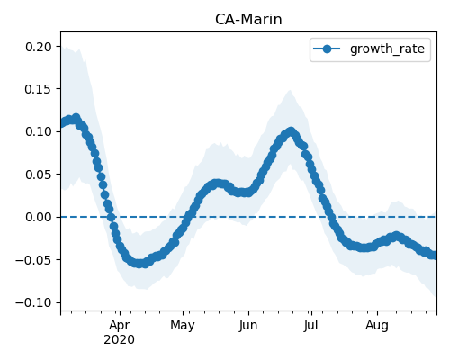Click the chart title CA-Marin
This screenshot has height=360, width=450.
248,20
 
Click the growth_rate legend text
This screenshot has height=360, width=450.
387,49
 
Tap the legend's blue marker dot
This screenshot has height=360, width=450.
327,49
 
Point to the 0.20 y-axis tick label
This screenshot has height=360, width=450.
39,47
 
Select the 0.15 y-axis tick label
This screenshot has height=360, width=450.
39,89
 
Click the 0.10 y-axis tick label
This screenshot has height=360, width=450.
39,132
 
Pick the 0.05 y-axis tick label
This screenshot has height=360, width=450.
39,175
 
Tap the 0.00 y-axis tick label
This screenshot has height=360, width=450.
39,217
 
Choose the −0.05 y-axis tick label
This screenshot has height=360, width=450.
34,260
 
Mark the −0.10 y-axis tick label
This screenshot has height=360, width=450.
34,302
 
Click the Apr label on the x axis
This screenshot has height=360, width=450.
120,326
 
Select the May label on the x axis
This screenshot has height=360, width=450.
183,326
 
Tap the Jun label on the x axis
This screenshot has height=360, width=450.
248,326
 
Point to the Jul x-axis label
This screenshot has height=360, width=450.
310,326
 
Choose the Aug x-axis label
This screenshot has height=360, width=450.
377,326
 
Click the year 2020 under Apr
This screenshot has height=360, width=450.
120,340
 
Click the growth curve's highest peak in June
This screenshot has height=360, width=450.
291,131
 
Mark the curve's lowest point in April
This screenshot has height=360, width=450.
139,264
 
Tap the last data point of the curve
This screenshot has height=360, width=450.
435,256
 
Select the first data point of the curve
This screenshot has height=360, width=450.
63,123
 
